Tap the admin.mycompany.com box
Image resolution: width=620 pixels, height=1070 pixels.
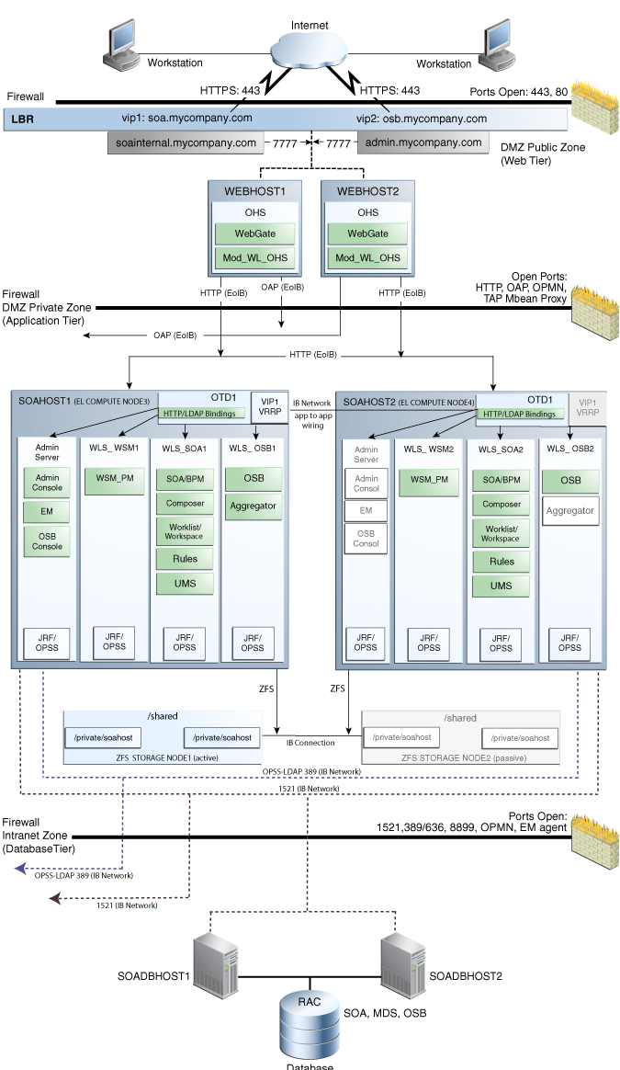click(423, 143)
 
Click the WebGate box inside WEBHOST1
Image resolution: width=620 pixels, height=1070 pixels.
click(255, 235)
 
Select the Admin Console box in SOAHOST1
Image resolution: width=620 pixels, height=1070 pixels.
click(48, 484)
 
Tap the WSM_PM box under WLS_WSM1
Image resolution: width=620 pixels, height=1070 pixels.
click(115, 480)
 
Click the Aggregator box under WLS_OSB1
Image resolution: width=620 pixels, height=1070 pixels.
click(254, 506)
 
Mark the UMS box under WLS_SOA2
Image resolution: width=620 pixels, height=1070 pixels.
click(501, 586)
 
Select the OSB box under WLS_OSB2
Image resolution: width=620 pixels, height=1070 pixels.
click(569, 481)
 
